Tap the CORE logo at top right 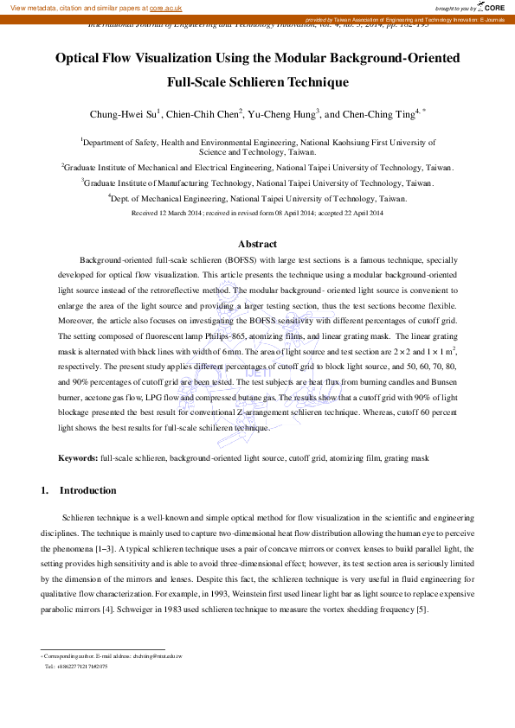point(490,7)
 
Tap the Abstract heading point(257,245)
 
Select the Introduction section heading point(87,491)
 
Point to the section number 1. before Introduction point(45,491)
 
